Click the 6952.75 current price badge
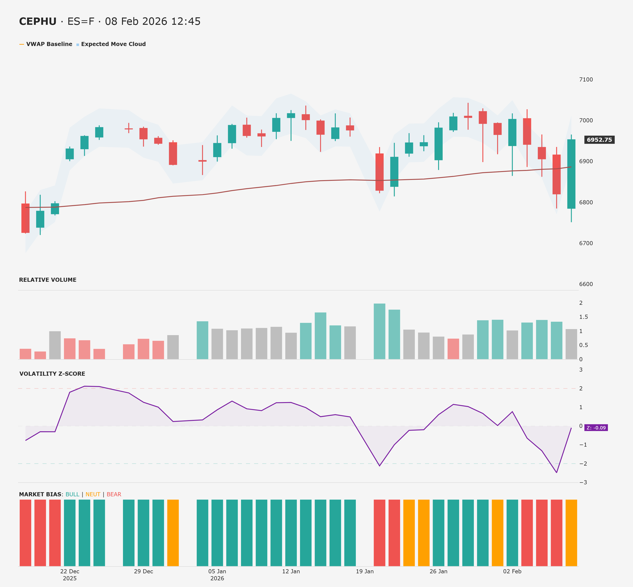tap(599, 140)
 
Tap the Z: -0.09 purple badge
tap(596, 428)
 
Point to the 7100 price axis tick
tap(586, 79)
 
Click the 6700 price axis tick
tap(586, 243)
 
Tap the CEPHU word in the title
tap(37, 21)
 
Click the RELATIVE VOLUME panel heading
tap(48, 280)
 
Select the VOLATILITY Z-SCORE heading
tap(52, 374)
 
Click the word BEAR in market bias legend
tap(114, 495)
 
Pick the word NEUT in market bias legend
tap(93, 495)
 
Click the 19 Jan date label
tap(365, 571)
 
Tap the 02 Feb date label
tap(512, 571)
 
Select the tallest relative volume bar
tap(379, 332)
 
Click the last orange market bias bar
tap(571, 533)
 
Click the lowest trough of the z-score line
tap(556, 472)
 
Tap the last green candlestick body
tap(571, 174)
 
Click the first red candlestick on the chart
tap(25, 218)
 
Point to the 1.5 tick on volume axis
tap(583, 317)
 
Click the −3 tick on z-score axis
tap(583, 483)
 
